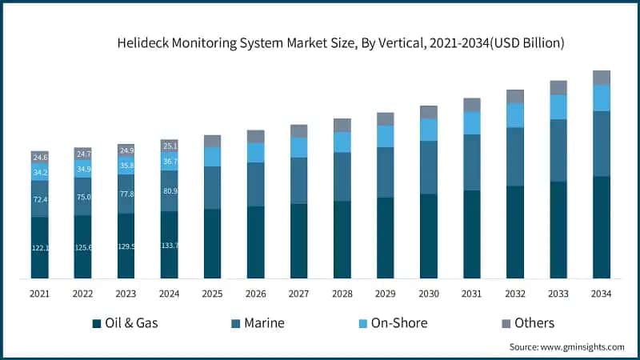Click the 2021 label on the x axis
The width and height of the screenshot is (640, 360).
(40, 294)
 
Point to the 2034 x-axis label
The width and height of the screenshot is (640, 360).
(602, 294)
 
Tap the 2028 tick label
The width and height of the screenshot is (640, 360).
(342, 294)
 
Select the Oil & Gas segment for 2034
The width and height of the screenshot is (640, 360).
(602, 227)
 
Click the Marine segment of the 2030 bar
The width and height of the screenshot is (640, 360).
(429, 167)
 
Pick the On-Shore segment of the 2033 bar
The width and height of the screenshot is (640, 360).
(558, 107)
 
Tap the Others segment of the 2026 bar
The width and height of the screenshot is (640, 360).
(255, 137)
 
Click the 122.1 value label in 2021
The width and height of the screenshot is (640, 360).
(40, 249)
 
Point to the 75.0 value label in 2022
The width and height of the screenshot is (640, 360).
(82, 198)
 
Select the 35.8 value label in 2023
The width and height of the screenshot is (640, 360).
(126, 166)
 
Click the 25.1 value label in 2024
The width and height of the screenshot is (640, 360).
(169, 146)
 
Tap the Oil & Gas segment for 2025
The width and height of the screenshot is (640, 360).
(212, 243)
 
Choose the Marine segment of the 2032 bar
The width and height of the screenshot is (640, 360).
(515, 157)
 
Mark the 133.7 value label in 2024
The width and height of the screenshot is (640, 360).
(169, 245)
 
